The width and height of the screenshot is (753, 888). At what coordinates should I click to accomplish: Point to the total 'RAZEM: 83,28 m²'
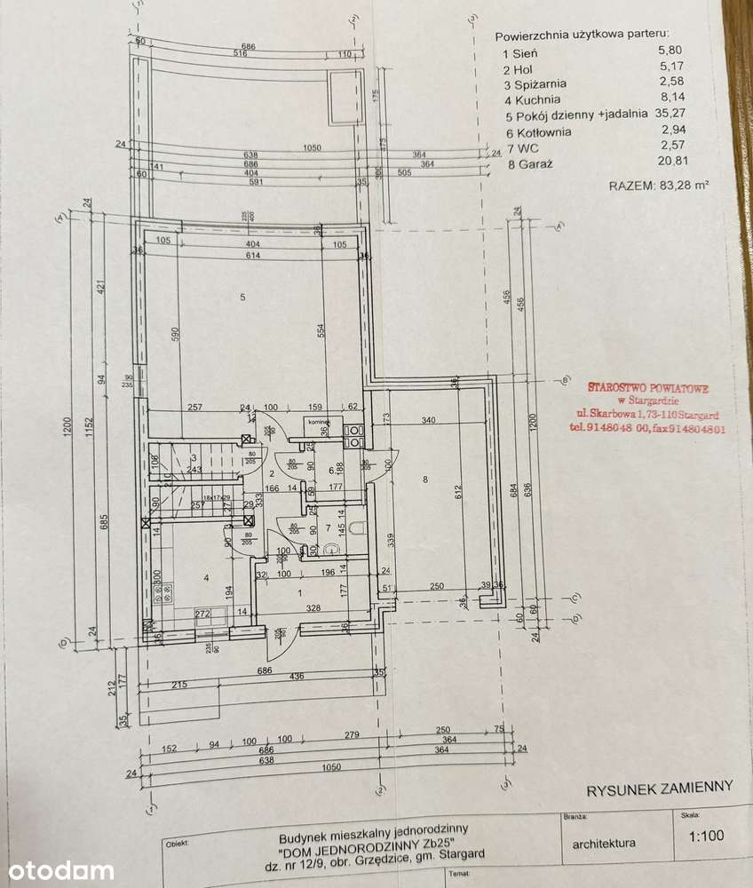coord(662,186)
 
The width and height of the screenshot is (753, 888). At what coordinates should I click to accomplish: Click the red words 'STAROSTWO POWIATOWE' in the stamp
coord(649,387)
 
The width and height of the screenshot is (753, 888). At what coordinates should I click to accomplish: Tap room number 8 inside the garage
coord(426,480)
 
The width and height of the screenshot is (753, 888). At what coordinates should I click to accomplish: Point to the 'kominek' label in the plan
coord(321,423)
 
